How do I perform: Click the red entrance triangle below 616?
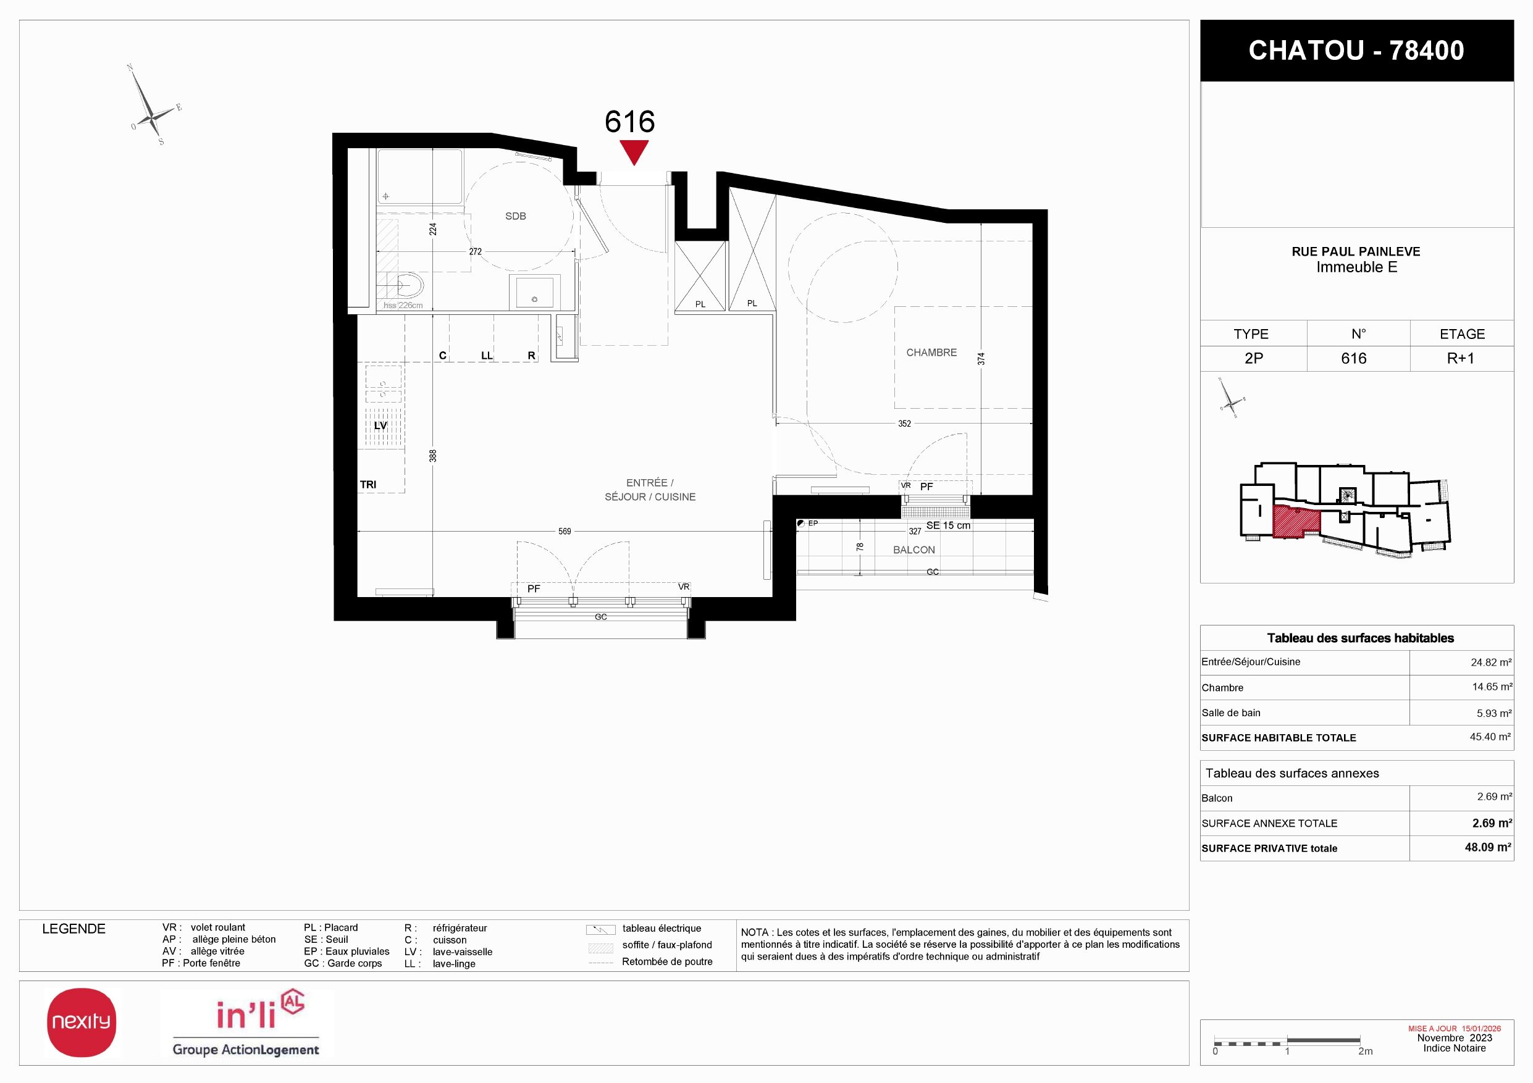[x=634, y=151]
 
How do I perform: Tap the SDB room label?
[x=516, y=216]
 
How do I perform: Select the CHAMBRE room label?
[x=931, y=353]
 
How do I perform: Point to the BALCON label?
[x=914, y=550]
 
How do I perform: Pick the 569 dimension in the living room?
[x=565, y=532]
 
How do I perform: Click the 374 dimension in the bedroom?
[x=981, y=359]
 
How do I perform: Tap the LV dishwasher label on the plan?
[x=380, y=425]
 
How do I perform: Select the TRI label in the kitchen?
[x=368, y=485]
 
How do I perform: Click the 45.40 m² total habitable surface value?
[x=1490, y=737]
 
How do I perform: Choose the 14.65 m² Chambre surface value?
[x=1492, y=687]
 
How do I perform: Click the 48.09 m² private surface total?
[x=1489, y=848]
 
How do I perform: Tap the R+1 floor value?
[x=1461, y=358]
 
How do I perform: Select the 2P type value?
[x=1254, y=358]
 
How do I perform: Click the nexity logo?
[x=82, y=1022]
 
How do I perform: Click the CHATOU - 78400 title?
[x=1356, y=51]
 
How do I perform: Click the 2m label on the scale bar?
[x=1366, y=1051]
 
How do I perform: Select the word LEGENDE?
[x=73, y=929]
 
